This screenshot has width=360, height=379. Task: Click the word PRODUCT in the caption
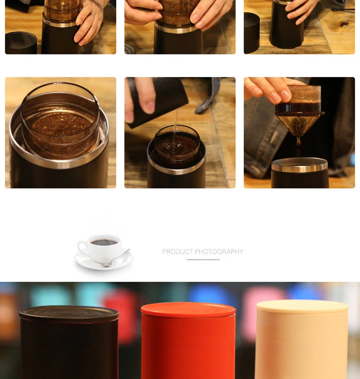pos(178,252)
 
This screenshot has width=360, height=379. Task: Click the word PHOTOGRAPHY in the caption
pos(219,252)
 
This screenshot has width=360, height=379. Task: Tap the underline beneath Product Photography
pos(203,260)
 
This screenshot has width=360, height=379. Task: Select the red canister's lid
pos(188,310)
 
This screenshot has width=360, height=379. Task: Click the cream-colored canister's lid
pos(302,307)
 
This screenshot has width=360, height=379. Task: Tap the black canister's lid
pos(69,313)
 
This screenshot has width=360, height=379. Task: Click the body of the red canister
pos(188,348)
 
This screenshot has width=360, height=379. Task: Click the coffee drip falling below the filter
pos(298,148)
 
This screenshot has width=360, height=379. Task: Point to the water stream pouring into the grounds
pos(175,128)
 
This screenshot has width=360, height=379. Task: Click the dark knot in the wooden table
pos(344,24)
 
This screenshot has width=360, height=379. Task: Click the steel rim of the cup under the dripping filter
pos(300,165)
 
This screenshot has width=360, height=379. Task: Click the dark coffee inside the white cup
pos(104,242)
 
